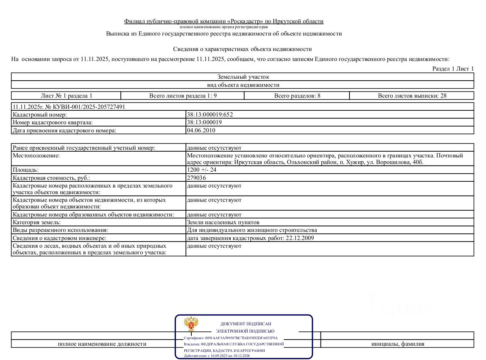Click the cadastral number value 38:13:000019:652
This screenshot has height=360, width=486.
[x=210, y=115]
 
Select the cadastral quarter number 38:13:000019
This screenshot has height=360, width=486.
[x=204, y=122]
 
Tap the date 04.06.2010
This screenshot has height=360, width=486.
[x=201, y=130]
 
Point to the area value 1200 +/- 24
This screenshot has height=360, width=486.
[x=202, y=170]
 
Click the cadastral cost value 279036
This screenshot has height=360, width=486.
[x=196, y=178]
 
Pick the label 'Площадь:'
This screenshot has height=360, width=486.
[x=26, y=170]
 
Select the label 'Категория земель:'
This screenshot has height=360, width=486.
[x=37, y=222]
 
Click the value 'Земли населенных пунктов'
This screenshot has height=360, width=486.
[x=223, y=222]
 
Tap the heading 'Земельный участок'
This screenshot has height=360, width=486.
[x=243, y=77]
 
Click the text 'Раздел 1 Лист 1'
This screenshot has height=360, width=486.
[x=453, y=69]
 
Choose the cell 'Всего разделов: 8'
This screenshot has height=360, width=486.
[x=297, y=96]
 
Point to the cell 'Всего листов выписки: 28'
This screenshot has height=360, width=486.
[x=412, y=96]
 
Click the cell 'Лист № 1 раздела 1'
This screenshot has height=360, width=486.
[x=66, y=96]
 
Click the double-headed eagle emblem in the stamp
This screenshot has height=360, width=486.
[x=191, y=324]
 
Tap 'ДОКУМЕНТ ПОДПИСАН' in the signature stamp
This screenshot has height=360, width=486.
[x=245, y=324]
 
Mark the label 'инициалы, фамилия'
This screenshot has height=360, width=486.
[x=398, y=344]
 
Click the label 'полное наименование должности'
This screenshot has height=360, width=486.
[x=102, y=344]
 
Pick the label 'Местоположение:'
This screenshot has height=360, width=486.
[x=37, y=155]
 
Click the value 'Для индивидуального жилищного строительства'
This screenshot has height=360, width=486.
[x=252, y=230]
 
